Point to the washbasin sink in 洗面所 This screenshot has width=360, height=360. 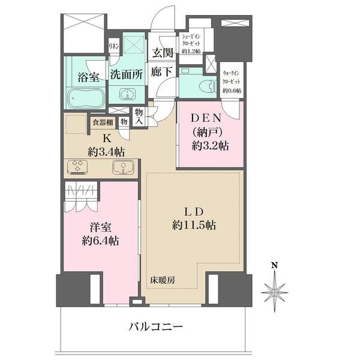pos(127,94)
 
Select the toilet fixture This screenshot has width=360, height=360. pos(206,85)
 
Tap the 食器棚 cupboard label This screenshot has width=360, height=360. pos(102,122)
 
